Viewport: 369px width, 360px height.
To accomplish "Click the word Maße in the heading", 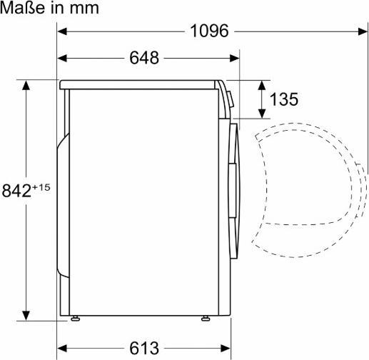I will tap(24, 9).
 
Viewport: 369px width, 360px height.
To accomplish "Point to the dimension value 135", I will tap(283, 99).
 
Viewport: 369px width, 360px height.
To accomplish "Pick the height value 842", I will tap(17, 191).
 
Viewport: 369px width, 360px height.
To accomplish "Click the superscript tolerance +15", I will tap(44, 186).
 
